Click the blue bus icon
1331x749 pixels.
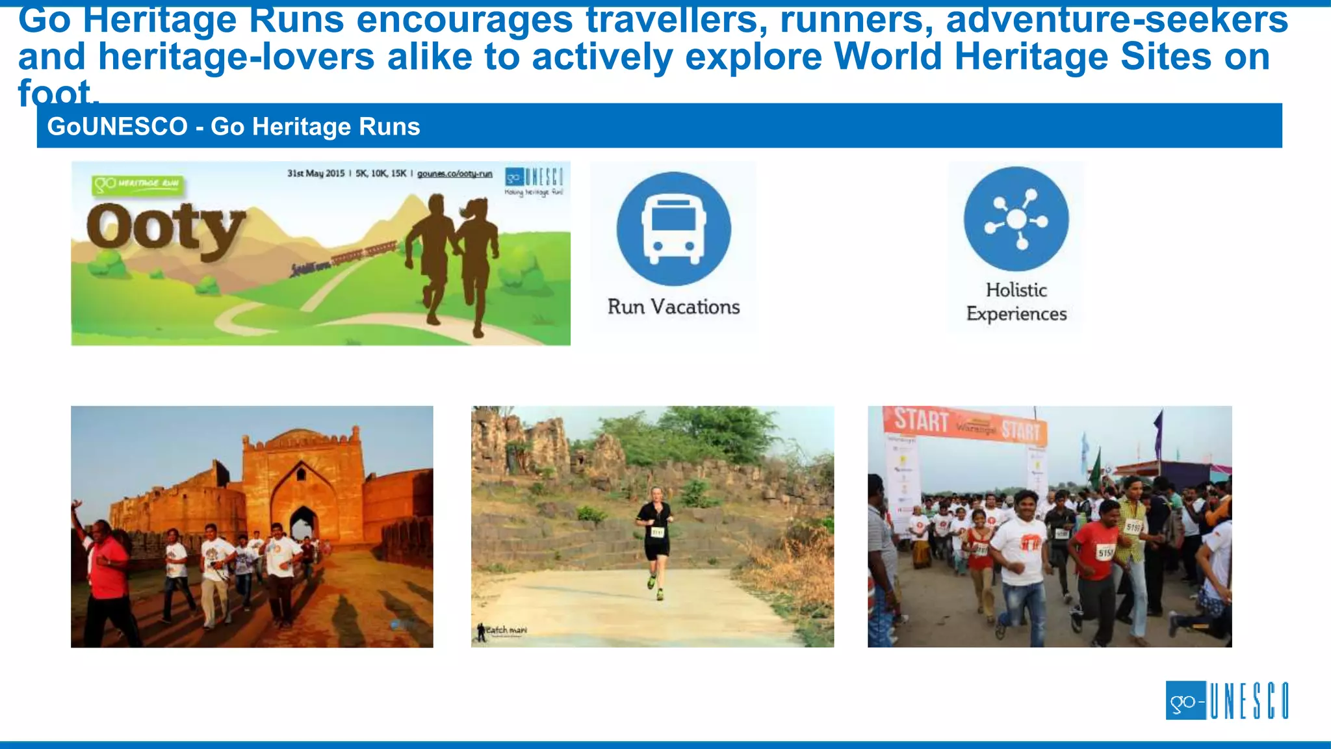pyautogui.click(x=674, y=229)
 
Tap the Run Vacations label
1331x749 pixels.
pyautogui.click(x=673, y=307)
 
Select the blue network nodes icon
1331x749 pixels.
pyautogui.click(x=1016, y=219)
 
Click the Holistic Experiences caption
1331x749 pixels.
pyautogui.click(x=1016, y=302)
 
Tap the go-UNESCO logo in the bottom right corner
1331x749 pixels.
pyautogui.click(x=1226, y=700)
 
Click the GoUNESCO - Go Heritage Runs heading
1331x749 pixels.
pyautogui.click(x=234, y=126)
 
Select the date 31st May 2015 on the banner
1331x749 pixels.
pyautogui.click(x=316, y=174)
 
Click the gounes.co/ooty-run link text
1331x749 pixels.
pyautogui.click(x=454, y=174)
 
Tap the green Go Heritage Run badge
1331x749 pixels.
pyautogui.click(x=138, y=185)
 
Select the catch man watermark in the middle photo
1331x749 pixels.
pyautogui.click(x=502, y=630)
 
